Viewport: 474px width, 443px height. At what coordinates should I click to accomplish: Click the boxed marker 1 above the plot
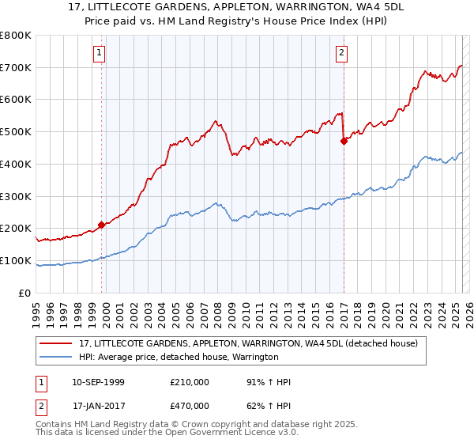coord(100,53)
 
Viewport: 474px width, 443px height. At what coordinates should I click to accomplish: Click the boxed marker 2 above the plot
coord(341,53)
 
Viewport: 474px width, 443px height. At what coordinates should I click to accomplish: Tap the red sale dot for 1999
coord(101,225)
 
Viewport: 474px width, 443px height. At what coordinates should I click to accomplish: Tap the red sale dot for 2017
coord(344,142)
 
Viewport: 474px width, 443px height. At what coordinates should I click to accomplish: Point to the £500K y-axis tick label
coord(16,132)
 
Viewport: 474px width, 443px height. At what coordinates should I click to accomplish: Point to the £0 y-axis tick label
coord(24,293)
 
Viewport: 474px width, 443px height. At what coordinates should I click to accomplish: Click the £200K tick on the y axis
coord(16,229)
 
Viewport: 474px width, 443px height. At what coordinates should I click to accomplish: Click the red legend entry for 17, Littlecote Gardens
coord(253,343)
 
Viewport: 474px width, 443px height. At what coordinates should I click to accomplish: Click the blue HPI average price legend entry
coord(179,358)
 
